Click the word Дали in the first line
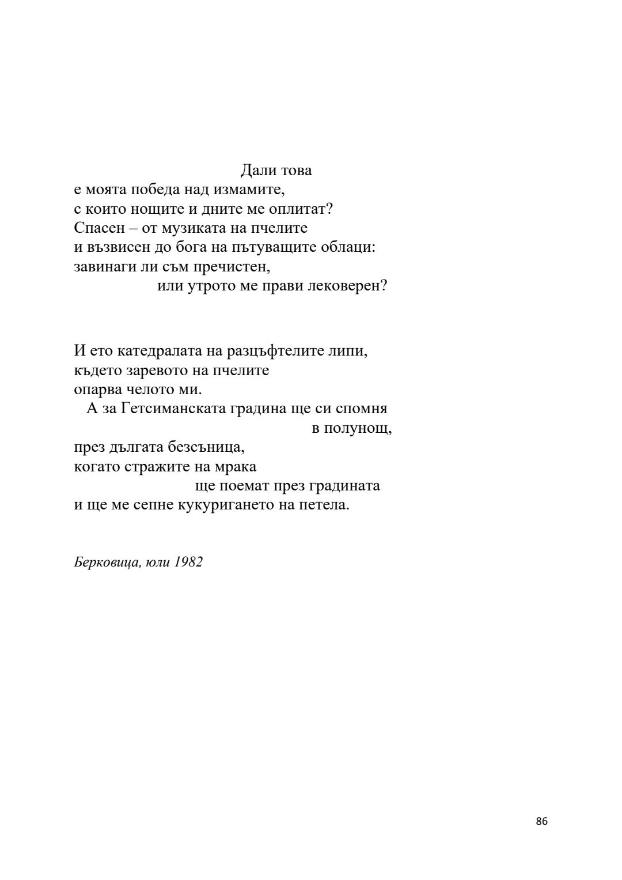[256, 171]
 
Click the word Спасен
[99, 228]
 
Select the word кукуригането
[222, 506]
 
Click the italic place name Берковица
[107, 563]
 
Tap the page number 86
[541, 822]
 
